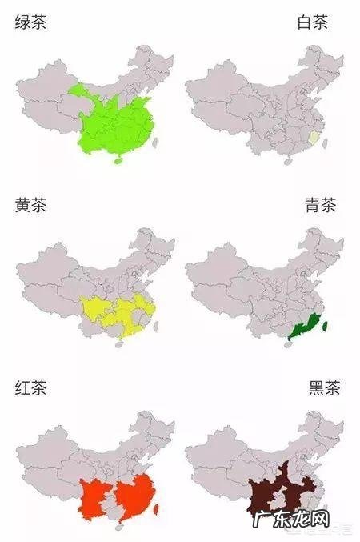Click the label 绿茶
click(30, 22)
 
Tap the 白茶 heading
click(313, 22)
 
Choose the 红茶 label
click(30, 389)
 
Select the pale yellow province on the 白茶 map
click(314, 142)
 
